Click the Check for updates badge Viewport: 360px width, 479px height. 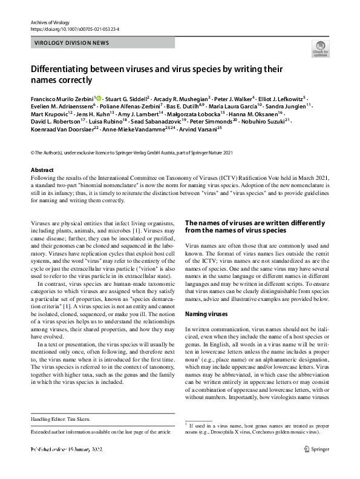pyautogui.click(x=319, y=48)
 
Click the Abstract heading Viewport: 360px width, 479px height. pyautogui.click(x=42, y=170)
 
